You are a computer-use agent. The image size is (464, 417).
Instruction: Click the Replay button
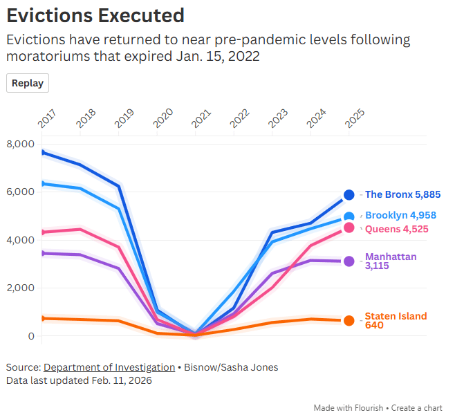[x=28, y=83]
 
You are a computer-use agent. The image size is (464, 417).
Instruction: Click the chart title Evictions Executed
[x=95, y=15]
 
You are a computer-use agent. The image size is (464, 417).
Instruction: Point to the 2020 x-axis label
[x=163, y=118]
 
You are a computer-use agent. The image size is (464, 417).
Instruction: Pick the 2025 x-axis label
[x=355, y=118]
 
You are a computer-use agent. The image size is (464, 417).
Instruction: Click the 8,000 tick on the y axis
[x=20, y=144]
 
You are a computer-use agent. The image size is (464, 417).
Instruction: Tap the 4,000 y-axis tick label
[x=20, y=240]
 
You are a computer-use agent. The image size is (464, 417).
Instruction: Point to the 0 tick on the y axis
[x=30, y=336]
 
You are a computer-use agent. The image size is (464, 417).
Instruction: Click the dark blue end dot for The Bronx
[x=349, y=195]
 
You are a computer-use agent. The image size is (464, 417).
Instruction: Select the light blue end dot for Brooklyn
[x=349, y=217]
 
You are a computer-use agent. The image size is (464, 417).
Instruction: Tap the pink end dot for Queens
[x=349, y=228]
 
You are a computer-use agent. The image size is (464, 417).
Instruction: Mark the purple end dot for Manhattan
[x=349, y=261]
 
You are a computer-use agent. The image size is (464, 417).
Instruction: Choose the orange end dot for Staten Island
[x=349, y=321]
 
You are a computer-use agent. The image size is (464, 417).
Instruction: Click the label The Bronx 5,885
[x=402, y=195]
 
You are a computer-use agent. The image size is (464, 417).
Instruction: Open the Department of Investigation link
[x=109, y=367]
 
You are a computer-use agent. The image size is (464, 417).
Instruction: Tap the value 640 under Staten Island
[x=374, y=325]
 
